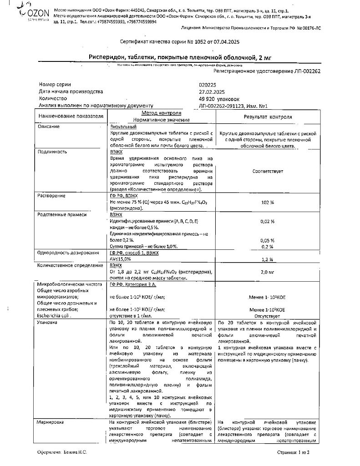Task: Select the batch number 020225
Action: (208, 85)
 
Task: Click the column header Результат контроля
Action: (268, 117)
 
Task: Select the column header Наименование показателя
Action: (71, 116)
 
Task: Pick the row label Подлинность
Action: (53, 152)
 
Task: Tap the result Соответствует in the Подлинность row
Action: (268, 171)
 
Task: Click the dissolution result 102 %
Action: (268, 203)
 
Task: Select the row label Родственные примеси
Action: (62, 214)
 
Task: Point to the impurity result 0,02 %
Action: (268, 221)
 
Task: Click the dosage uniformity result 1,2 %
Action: (268, 259)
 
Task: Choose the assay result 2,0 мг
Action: (268, 272)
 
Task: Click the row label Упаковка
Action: (49, 322)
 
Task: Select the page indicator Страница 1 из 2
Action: (293, 453)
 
